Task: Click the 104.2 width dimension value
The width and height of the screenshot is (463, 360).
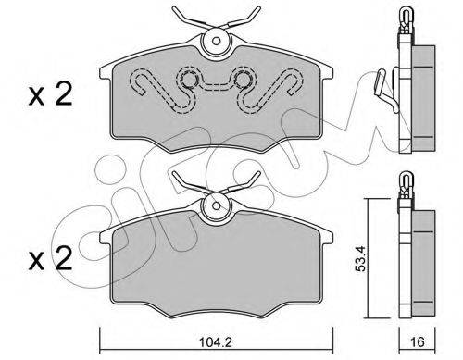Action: [216, 341]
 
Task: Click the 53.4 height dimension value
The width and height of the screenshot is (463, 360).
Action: [360, 258]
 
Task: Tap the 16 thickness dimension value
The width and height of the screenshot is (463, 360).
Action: [418, 341]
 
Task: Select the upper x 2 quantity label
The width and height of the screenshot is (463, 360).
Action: [50, 94]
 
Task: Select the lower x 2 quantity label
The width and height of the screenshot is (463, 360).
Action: [50, 259]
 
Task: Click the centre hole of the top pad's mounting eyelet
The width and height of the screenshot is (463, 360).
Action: [217, 41]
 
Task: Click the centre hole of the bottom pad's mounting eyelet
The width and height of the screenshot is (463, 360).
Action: [217, 205]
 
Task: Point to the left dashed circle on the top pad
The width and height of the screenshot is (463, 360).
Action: [189, 80]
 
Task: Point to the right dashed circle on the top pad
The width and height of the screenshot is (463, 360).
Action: [244, 80]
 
